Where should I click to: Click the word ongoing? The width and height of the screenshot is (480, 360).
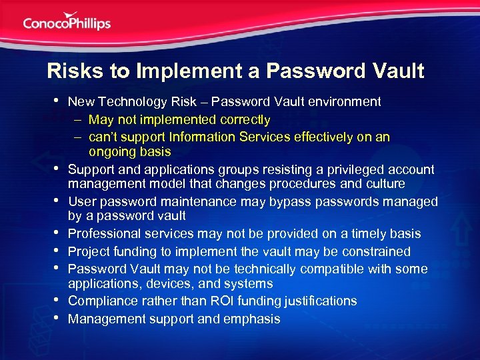113,152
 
